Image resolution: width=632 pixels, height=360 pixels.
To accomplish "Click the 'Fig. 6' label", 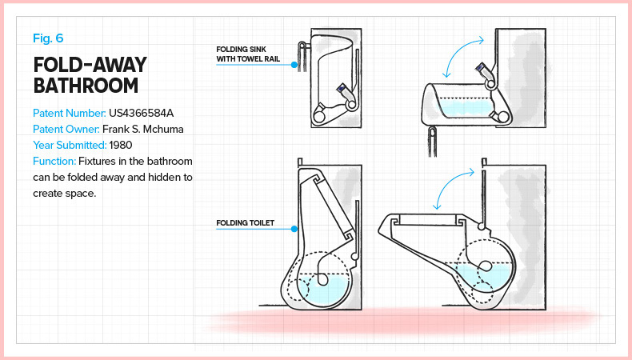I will click(48, 38).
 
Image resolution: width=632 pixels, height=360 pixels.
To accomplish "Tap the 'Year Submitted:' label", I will click(69, 145).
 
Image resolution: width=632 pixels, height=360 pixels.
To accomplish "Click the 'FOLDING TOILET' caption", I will click(246, 223).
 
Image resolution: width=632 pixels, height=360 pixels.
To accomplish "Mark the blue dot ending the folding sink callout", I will click(294, 64).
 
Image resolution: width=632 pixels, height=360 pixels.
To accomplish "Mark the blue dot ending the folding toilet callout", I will click(294, 229).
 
